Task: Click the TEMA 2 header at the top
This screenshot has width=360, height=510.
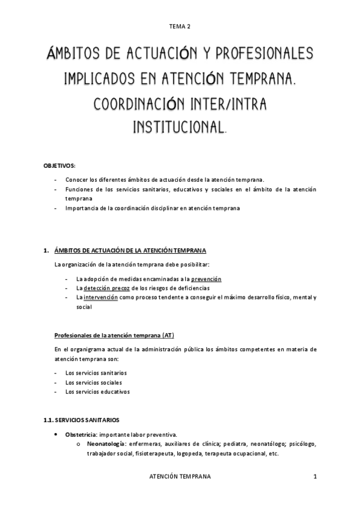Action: pyautogui.click(x=180, y=26)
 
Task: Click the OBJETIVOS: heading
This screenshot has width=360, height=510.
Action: pyautogui.click(x=59, y=165)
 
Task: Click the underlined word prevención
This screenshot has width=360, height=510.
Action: pyautogui.click(x=207, y=279)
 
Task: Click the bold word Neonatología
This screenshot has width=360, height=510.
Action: pyautogui.click(x=105, y=444)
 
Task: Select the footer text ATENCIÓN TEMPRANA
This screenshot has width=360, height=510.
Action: pyautogui.click(x=180, y=476)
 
